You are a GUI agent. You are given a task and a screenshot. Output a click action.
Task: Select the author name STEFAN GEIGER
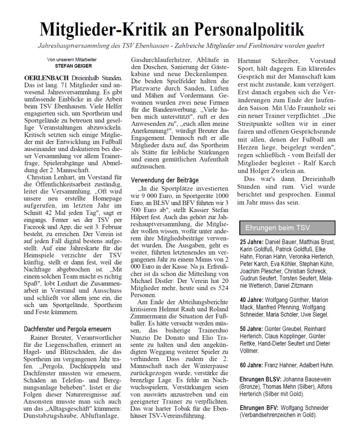73,65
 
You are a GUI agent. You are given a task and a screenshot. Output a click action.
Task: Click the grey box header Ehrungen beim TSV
277,227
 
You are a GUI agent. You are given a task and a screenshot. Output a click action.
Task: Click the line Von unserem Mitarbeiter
73,59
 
